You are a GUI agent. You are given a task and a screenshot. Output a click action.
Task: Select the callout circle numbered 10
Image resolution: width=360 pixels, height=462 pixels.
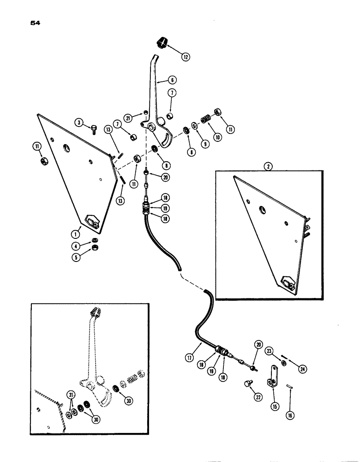pos(217,137)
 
